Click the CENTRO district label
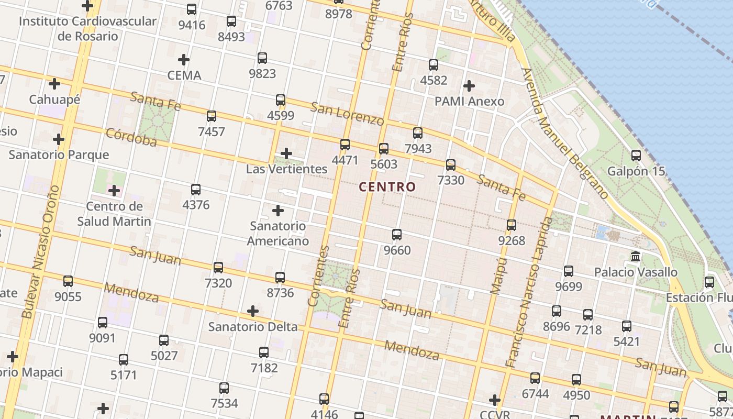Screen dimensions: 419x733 [387, 186]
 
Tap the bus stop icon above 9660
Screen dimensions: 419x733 [397, 235]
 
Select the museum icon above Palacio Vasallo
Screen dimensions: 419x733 [636, 257]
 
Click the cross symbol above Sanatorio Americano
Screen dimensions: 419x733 [278, 211]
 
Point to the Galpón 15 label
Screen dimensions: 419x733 [636, 171]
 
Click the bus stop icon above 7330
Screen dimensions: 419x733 [451, 165]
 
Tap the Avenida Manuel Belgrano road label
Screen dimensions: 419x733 [565, 134]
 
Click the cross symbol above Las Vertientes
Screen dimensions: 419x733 [286, 153]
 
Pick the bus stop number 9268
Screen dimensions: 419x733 [512, 241]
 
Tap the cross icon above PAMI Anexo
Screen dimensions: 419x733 [469, 85]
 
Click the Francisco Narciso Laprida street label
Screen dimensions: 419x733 [529, 292]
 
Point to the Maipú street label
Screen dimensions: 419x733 [498, 276]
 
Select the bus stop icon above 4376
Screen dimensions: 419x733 [196, 189]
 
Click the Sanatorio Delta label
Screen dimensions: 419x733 [252, 327]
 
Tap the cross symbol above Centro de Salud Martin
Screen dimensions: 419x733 [114, 191]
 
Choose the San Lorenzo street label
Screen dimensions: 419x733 [347, 114]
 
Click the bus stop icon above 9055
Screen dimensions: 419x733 [68, 281]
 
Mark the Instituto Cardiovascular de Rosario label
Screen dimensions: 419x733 [87, 29]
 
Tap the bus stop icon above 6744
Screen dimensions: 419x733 [535, 378]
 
